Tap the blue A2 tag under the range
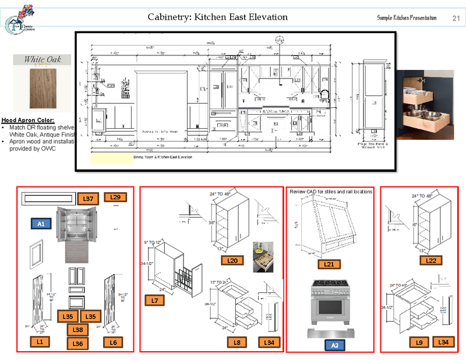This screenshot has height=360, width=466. coord(334,345)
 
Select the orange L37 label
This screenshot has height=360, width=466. coord(89,199)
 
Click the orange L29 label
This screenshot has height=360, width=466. coord(115,198)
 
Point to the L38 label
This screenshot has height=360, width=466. coord(78,330)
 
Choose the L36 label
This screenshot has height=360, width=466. coord(78,344)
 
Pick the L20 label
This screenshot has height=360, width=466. coord(233,261)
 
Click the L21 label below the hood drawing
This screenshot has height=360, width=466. coord(329,264)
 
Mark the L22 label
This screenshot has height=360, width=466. coord(431,261)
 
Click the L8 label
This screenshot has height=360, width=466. coord(238,343)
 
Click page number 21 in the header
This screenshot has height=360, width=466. coord(456,18)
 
